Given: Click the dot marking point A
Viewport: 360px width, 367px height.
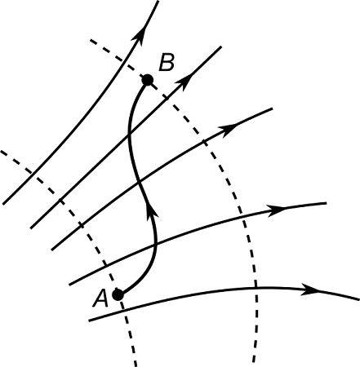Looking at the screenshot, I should (118, 294).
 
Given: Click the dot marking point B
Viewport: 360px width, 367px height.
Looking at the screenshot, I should (148, 80).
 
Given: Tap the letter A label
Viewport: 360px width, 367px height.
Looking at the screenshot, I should (100, 298).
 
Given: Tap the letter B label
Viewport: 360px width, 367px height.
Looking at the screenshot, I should (166, 63).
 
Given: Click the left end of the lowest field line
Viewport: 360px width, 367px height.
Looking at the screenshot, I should (88, 321).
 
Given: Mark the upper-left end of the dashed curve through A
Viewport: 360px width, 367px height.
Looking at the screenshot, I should (2, 151).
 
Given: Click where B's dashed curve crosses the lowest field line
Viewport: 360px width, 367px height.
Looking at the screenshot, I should (256, 287).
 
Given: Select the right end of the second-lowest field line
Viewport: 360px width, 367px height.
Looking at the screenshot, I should (326, 203).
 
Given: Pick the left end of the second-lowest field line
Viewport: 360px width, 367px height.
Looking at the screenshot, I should (70, 284).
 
